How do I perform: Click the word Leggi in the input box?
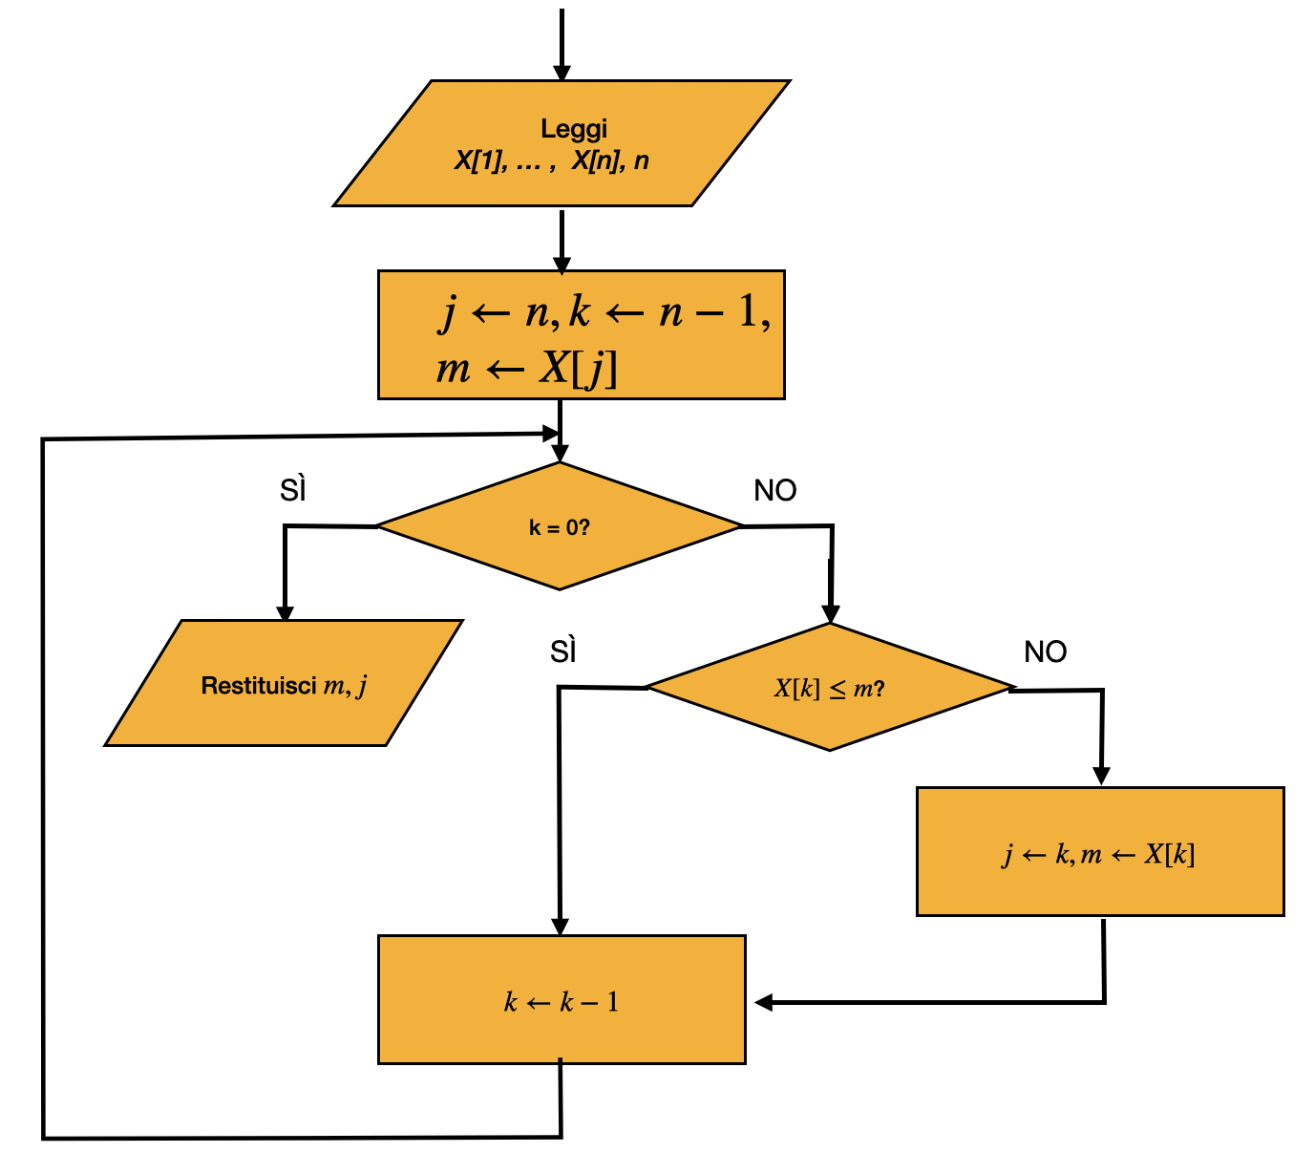[x=573, y=129]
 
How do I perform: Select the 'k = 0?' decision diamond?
[x=559, y=525]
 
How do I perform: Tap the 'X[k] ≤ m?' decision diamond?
[x=830, y=687]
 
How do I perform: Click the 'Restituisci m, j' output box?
[x=284, y=683]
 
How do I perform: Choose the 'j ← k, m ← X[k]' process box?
[x=1100, y=852]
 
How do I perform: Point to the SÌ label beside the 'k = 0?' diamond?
[x=292, y=490]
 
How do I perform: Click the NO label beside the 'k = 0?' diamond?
[x=775, y=491]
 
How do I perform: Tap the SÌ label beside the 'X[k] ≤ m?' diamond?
[x=563, y=651]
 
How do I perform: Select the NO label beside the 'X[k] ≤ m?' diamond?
[x=1046, y=651]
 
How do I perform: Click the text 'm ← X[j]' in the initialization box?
[x=526, y=369]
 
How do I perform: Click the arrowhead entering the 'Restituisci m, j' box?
[x=285, y=613]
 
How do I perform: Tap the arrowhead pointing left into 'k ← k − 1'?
[x=763, y=1002]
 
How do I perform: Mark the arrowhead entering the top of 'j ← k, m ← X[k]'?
[x=1101, y=776]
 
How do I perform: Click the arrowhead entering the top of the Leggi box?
[x=562, y=73]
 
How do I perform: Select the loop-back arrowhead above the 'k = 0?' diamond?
[x=550, y=433]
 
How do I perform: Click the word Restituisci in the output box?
[x=259, y=685]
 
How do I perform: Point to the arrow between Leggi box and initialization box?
[x=562, y=241]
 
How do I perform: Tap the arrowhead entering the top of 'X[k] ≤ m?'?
[x=830, y=614]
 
